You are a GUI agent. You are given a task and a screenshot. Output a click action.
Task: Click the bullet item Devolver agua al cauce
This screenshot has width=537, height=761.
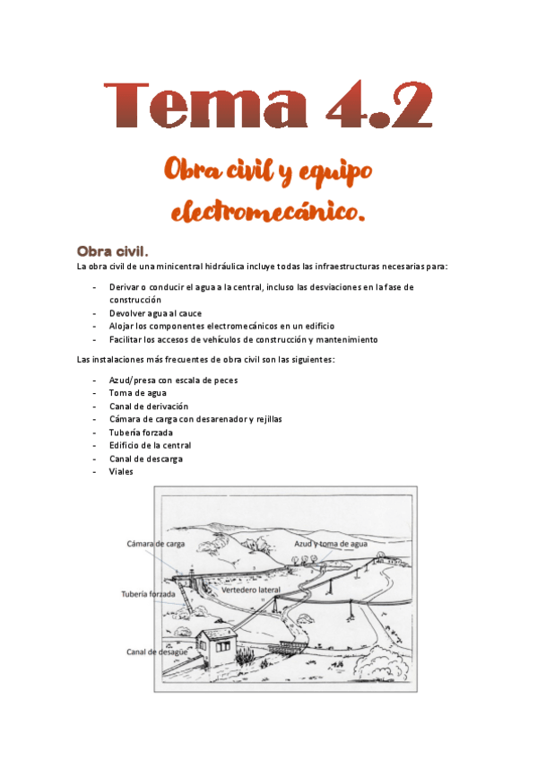pos(157,313)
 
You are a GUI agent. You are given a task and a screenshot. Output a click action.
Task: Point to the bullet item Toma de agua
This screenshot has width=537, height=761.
pos(137,393)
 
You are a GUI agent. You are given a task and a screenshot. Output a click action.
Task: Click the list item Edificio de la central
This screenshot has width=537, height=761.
pos(150,445)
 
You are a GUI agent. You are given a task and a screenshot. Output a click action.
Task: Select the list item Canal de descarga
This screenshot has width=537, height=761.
pos(145,459)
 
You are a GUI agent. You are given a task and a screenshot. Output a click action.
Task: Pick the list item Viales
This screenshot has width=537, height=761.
pos(121,471)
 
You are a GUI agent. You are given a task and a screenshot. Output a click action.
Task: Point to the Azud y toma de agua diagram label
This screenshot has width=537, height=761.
pos(332,544)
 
